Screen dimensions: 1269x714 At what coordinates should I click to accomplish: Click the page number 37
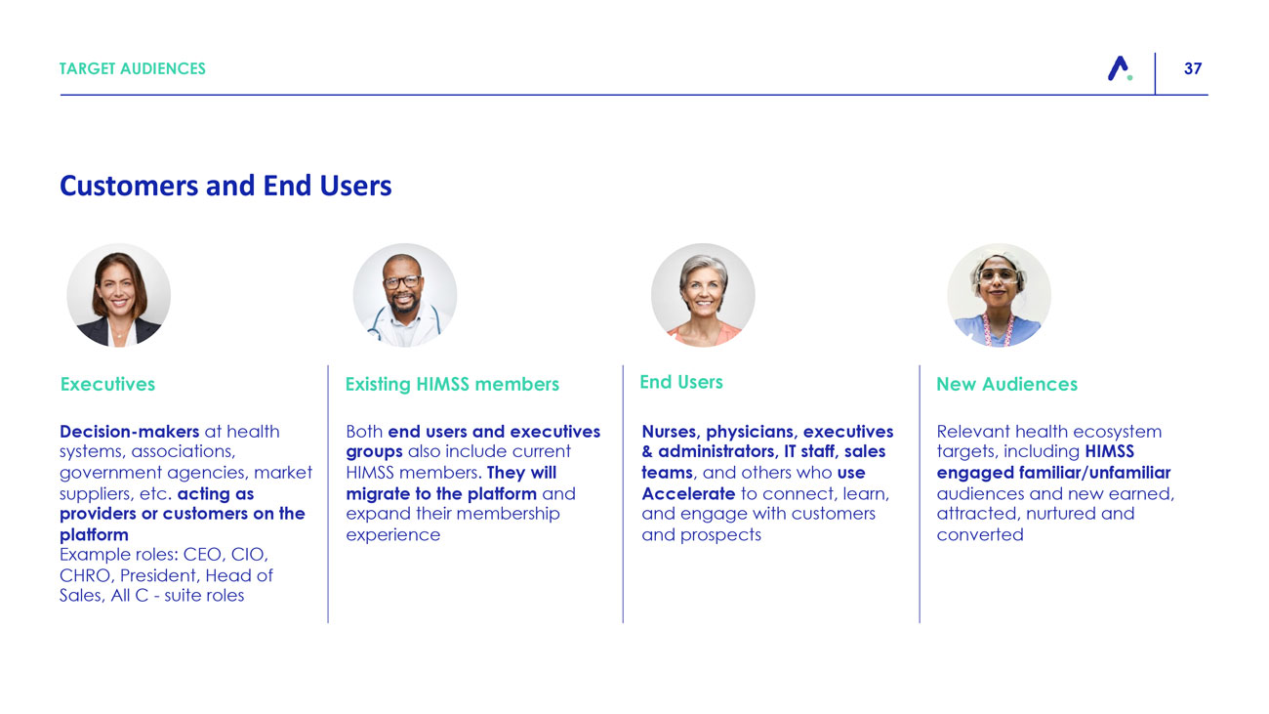point(1193,68)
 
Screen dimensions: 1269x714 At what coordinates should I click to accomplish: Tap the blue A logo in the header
point(1120,68)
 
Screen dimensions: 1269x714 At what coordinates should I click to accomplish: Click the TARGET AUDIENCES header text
point(133,68)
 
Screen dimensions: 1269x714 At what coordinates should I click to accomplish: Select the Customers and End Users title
point(225,186)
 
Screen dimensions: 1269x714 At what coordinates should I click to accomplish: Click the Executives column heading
point(107,384)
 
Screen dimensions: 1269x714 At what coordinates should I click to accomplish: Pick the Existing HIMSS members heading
point(452,384)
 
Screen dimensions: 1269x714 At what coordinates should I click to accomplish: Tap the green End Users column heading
point(681,382)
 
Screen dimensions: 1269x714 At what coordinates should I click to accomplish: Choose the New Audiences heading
point(1006,384)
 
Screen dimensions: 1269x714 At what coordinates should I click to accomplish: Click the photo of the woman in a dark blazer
point(119,295)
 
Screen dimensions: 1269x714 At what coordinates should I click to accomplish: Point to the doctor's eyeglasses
point(401,281)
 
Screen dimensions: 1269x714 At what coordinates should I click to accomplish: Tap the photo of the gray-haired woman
point(703,295)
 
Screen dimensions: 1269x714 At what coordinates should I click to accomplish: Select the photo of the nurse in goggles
point(1000,295)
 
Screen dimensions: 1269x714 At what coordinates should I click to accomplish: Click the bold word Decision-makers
point(129,432)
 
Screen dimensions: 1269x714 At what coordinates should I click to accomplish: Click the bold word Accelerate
point(688,493)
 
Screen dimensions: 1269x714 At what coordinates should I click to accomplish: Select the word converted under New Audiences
point(980,535)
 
